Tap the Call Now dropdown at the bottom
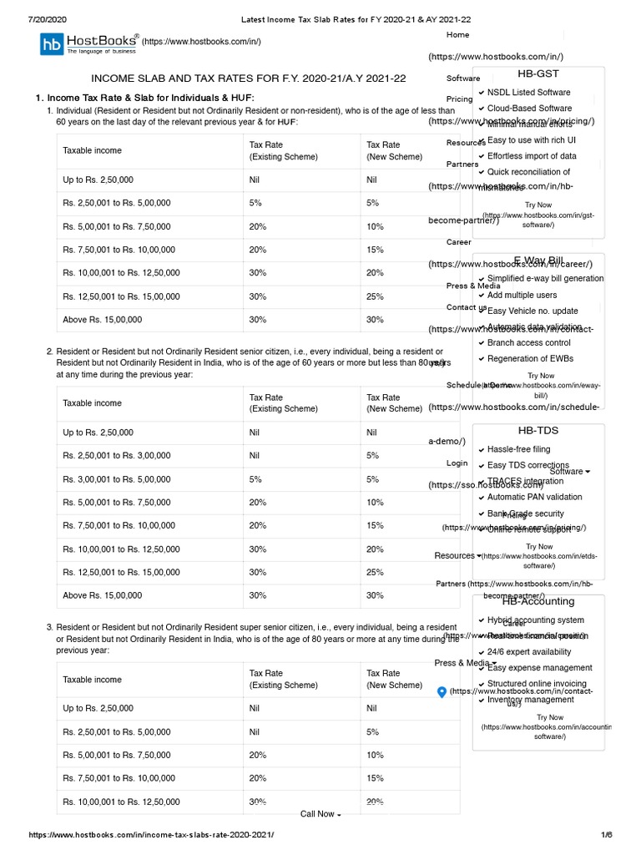coord(320,814)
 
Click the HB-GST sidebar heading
coord(538,73)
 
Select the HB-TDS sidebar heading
coord(538,431)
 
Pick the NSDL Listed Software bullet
coord(529,93)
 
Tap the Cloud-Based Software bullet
coord(529,109)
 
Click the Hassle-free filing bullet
coord(518,450)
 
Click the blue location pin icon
coord(442,692)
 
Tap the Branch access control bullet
coord(528,342)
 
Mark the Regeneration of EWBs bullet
coord(530,359)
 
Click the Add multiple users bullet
coord(522,295)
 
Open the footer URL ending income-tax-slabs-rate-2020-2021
coord(151,835)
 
